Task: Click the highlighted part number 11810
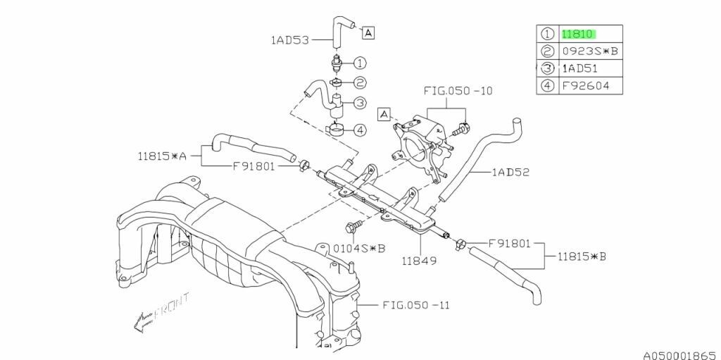click(x=578, y=33)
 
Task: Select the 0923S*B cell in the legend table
click(x=589, y=51)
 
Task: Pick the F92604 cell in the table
click(x=584, y=86)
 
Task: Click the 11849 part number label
click(x=420, y=260)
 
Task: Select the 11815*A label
click(x=163, y=156)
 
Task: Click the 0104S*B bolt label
click(x=359, y=248)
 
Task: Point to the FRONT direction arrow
click(x=156, y=311)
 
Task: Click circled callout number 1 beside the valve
click(x=358, y=63)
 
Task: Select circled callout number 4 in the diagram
click(x=358, y=130)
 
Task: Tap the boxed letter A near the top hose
click(x=368, y=32)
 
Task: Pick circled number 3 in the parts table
click(x=547, y=68)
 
